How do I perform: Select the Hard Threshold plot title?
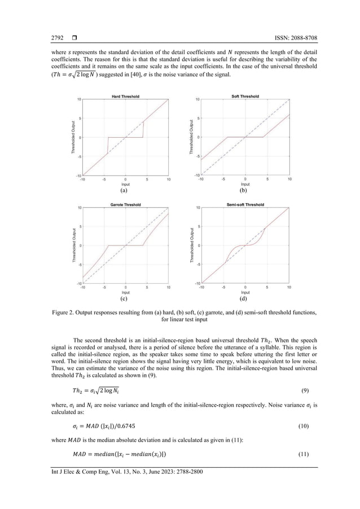[125, 96]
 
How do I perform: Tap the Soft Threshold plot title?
[245, 96]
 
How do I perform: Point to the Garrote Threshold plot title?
[125, 204]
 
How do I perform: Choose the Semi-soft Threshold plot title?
[245, 204]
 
